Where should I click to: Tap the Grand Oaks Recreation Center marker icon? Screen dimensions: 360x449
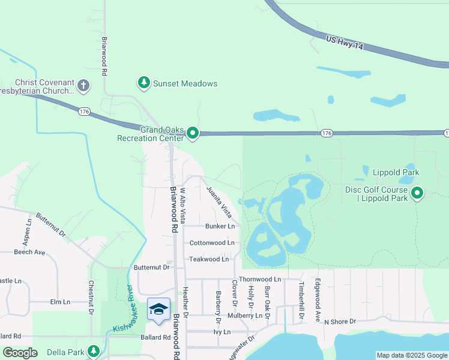point(192,133)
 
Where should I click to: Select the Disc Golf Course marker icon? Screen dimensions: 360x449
point(418,193)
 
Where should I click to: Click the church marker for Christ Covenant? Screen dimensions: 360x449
point(83,86)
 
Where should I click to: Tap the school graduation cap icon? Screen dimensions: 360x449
point(158,309)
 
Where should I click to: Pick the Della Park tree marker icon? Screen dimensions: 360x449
point(93,351)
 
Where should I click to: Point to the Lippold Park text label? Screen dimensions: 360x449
point(395,172)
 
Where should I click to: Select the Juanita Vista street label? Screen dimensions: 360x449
point(218,201)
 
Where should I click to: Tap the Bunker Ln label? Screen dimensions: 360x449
point(220,226)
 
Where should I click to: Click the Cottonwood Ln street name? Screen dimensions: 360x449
point(211,243)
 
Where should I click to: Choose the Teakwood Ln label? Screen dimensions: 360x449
point(209,259)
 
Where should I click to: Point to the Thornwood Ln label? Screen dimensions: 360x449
point(259,280)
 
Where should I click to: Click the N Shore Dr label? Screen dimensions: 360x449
point(340,322)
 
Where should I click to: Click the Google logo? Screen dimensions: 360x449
point(20,353)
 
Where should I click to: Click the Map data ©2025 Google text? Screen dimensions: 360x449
point(411,355)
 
